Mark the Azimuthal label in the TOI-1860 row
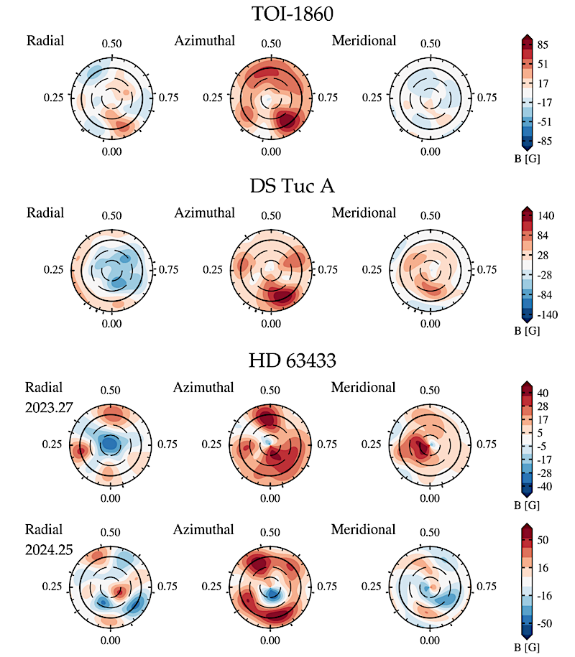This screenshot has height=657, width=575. coord(205,41)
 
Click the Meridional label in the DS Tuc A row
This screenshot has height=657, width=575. coord(364,213)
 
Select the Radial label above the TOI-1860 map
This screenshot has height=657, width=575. coord(45,41)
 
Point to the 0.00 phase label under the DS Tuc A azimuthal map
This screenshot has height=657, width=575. coord(271,324)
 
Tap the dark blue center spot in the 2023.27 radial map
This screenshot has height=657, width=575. coord(109,444)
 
